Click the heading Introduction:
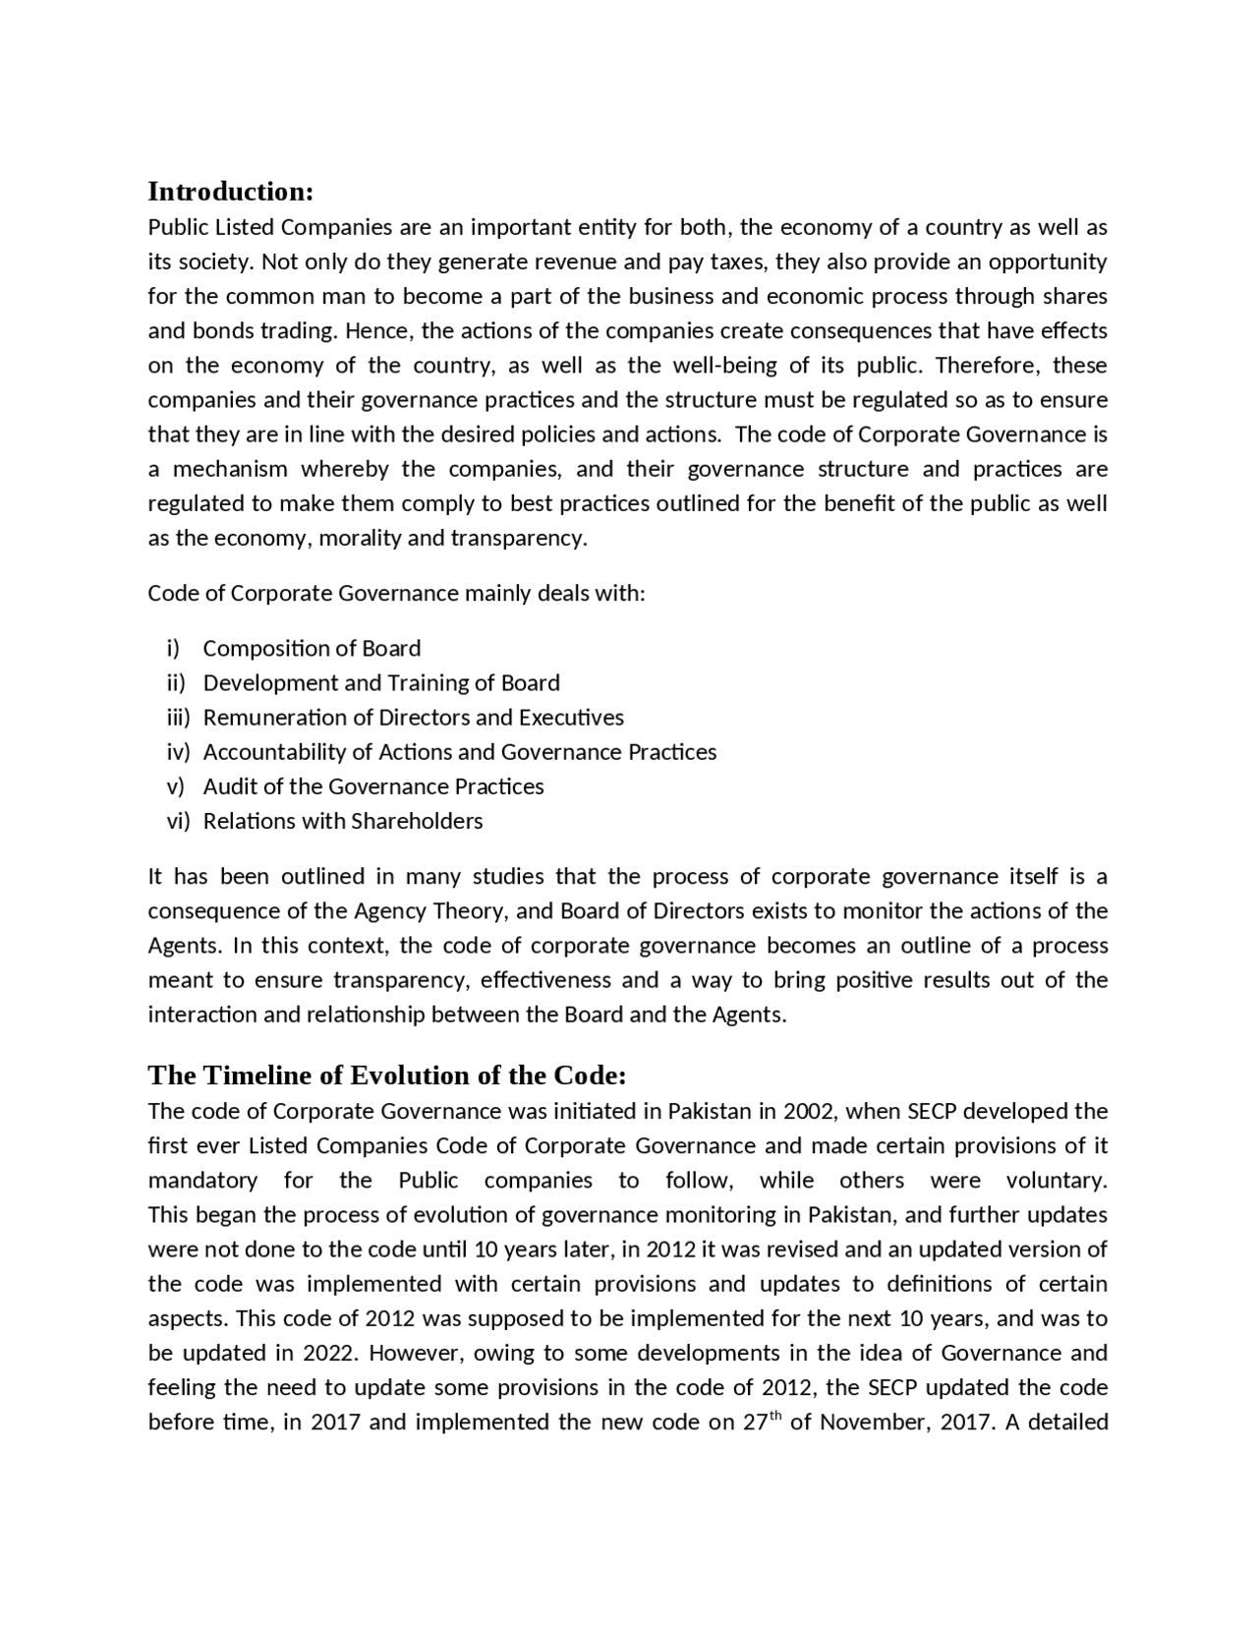tap(230, 190)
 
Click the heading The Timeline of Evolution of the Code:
tap(386, 1075)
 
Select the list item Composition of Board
tap(312, 649)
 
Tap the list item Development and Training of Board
tap(381, 683)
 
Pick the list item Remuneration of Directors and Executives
tap(413, 718)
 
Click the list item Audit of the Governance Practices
tap(372, 786)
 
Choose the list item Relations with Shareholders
tap(342, 821)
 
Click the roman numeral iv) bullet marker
tap(177, 752)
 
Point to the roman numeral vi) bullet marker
tap(177, 821)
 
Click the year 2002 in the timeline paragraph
tap(809, 1112)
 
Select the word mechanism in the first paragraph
tap(230, 469)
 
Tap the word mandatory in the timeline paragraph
tap(202, 1181)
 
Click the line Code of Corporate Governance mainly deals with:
tap(396, 594)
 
